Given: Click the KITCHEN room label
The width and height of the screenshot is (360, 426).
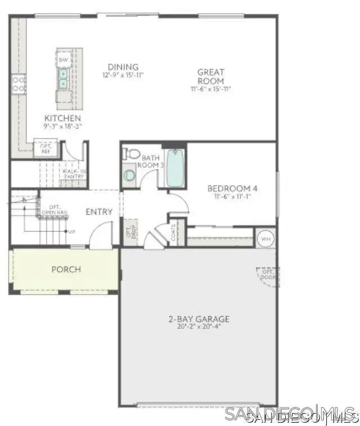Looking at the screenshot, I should (62, 118).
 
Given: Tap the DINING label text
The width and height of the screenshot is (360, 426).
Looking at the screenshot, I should (123, 67).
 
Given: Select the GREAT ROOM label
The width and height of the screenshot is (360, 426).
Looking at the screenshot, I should (210, 77).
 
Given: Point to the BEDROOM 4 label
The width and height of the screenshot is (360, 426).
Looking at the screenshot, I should (232, 189).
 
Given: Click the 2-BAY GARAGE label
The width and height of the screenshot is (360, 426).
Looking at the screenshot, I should (199, 319).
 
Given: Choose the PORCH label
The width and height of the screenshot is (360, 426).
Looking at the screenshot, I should (66, 269).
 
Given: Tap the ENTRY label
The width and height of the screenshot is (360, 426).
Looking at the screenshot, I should (99, 212).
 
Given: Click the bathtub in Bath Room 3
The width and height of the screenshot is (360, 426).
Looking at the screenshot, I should (175, 168).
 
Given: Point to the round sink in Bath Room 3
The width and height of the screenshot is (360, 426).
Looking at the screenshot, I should (129, 175).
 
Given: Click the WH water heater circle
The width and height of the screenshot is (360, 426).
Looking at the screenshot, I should (265, 239).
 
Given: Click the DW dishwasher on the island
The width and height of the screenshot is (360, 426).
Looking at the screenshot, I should (64, 60).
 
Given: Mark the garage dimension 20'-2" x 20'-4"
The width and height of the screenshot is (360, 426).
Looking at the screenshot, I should (199, 326).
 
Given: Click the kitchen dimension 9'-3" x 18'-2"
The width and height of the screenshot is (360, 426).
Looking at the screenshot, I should (62, 127).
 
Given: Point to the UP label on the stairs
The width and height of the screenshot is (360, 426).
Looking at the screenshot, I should (71, 231).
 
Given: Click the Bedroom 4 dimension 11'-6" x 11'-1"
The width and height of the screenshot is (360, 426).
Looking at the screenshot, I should (232, 197).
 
